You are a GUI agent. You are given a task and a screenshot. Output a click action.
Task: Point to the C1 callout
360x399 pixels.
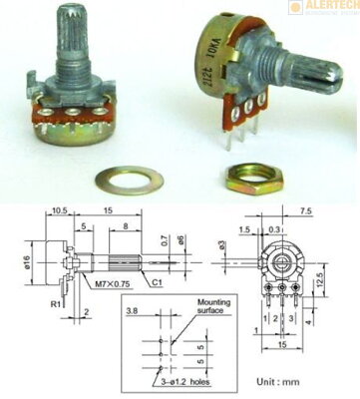pos(159,282)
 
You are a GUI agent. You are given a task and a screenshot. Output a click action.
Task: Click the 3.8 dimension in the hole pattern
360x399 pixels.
pos(133,311)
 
